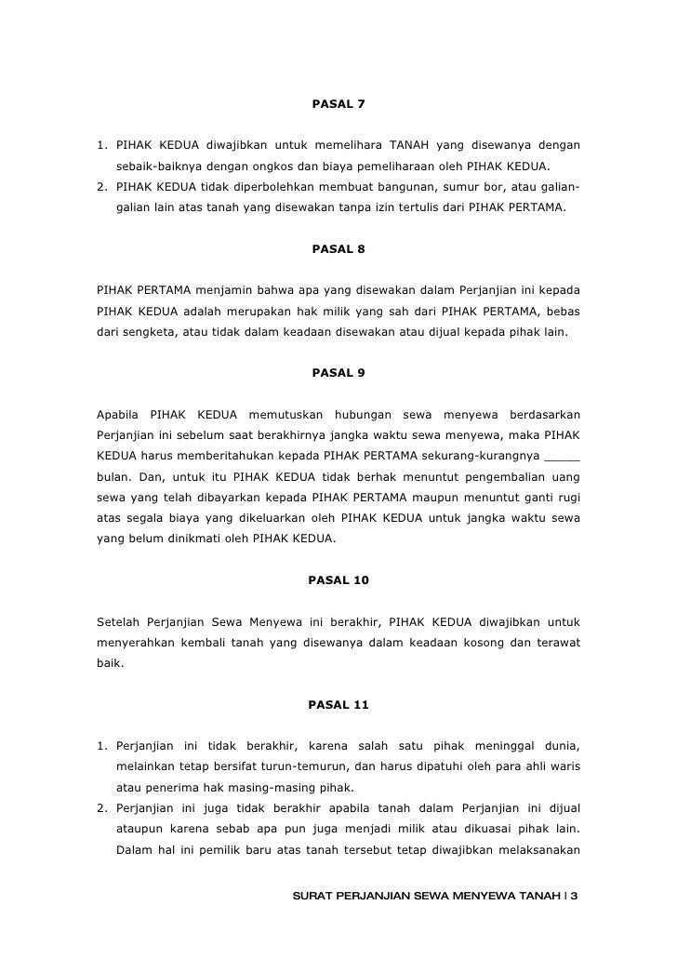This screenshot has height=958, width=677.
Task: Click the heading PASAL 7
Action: point(338,102)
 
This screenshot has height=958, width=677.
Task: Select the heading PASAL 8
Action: point(338,249)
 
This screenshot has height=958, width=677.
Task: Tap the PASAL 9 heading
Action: point(338,373)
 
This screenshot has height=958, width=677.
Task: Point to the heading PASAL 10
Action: point(338,580)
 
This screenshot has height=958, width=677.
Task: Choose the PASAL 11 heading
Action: point(338,705)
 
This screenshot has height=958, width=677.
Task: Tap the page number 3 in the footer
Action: point(575,897)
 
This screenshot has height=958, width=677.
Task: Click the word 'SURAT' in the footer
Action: point(312,897)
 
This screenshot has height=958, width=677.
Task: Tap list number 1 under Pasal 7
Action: point(102,145)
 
